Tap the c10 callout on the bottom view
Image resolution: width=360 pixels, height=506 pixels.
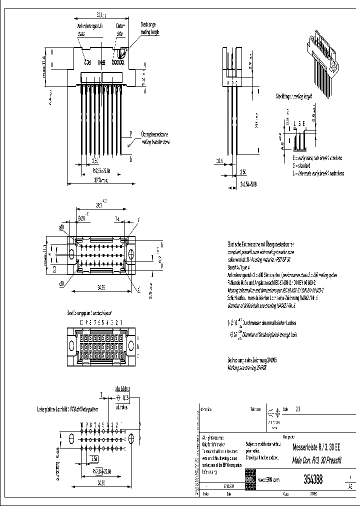62,283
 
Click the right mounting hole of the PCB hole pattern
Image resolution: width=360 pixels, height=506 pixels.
131,437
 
